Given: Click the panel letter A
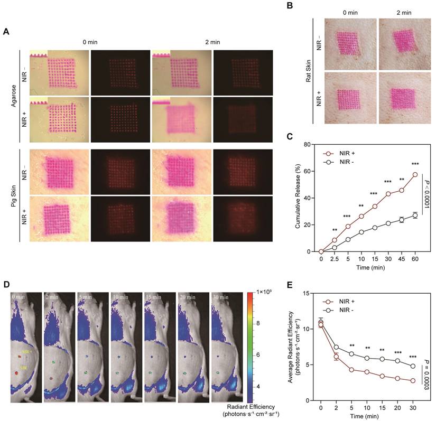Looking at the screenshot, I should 6,32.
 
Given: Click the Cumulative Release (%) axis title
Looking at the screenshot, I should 299,197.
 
